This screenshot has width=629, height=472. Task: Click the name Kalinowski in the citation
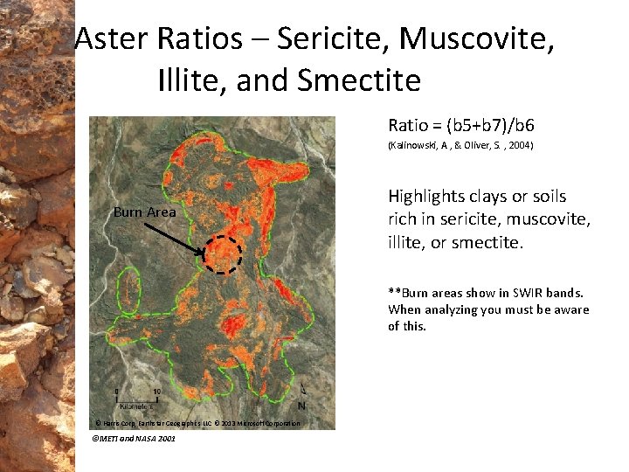[x=414, y=146]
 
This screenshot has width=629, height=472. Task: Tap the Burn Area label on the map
[x=144, y=212]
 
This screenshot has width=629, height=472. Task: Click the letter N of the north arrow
[x=301, y=406]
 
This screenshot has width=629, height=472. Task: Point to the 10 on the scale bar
[x=156, y=392]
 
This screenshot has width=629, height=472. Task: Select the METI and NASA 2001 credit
[x=134, y=438]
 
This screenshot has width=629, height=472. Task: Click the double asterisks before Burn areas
[x=394, y=293]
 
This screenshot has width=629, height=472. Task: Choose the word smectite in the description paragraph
[x=486, y=242]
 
